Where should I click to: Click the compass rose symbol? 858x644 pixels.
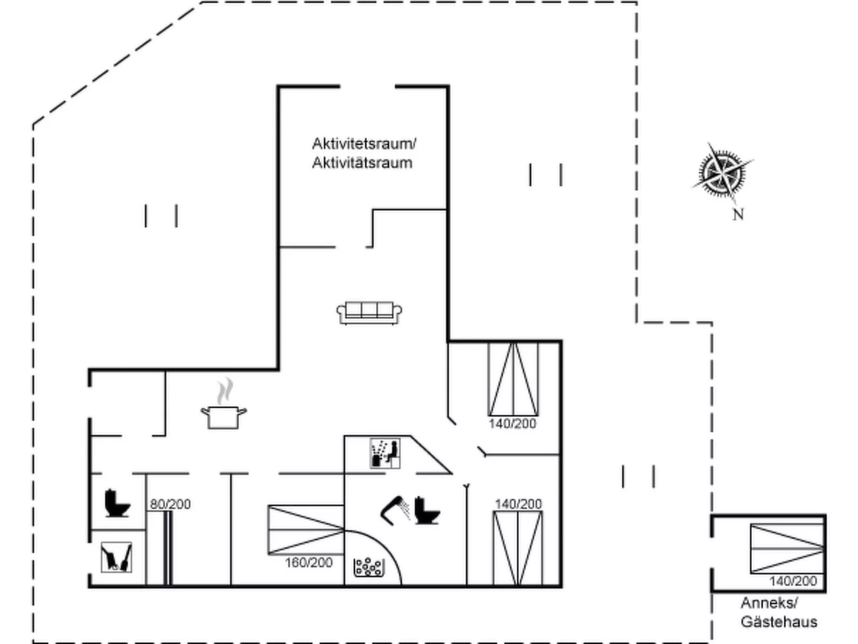tap(722, 173)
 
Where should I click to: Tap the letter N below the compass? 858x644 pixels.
tap(738, 215)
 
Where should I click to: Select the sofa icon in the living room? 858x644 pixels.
tap(369, 313)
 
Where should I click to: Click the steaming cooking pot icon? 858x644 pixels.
tap(224, 412)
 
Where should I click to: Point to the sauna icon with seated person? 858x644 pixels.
tap(385, 454)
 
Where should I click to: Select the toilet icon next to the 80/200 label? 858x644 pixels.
tap(118, 503)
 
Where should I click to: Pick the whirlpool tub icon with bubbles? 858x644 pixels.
tap(369, 567)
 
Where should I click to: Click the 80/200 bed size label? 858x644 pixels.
tap(170, 504)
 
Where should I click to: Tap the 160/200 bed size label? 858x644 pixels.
tap(308, 562)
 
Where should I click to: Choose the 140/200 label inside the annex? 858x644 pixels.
tap(793, 581)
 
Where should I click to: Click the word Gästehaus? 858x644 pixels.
tap(779, 622)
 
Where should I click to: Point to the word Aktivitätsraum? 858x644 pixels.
tap(362, 163)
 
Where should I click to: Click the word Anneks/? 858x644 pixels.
tap(769, 603)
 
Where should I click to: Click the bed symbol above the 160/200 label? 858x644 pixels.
tap(306, 530)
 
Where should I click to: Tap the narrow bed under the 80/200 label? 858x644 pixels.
tap(167, 548)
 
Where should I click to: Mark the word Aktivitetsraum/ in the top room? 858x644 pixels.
tap(364, 143)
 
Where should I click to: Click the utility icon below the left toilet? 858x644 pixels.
tap(116, 557)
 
